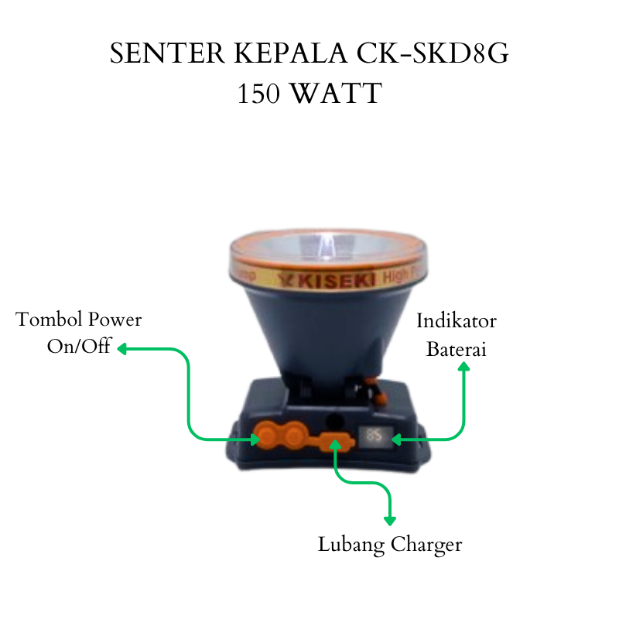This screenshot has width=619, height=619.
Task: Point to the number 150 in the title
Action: point(261,94)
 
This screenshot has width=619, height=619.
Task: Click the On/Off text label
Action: point(79,346)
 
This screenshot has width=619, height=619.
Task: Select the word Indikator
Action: point(457,321)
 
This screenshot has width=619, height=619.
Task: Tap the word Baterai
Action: point(457,349)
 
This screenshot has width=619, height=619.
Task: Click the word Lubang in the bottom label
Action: point(351,545)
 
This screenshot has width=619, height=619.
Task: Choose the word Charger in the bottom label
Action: point(426,545)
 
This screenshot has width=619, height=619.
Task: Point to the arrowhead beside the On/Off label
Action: point(122,349)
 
